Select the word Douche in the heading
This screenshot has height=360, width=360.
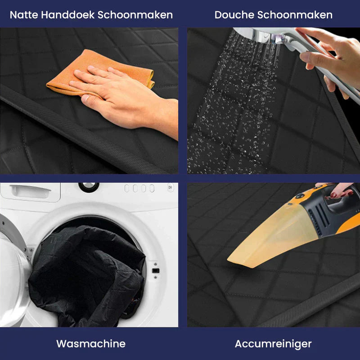point(234,15)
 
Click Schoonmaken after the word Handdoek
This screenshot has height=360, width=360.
point(135,15)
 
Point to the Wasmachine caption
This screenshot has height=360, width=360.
point(90,344)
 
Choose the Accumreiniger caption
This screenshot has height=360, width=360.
point(273,344)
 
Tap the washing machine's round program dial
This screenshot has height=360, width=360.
point(89,186)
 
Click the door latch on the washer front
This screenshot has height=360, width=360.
point(156,270)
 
